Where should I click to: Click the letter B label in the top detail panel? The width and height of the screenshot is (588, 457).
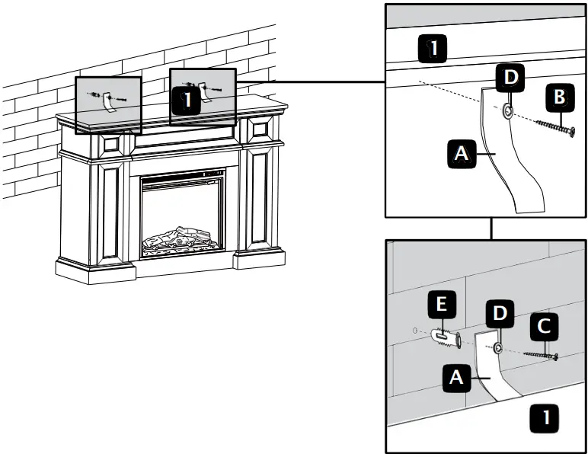click(559, 97)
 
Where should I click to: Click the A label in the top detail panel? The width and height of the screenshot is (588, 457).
click(461, 154)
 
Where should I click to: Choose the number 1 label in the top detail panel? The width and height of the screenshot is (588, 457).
click(433, 50)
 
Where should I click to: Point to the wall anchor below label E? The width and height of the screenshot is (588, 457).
click(446, 336)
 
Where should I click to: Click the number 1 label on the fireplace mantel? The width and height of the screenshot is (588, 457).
click(186, 100)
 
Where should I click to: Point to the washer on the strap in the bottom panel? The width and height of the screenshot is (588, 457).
click(497, 348)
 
